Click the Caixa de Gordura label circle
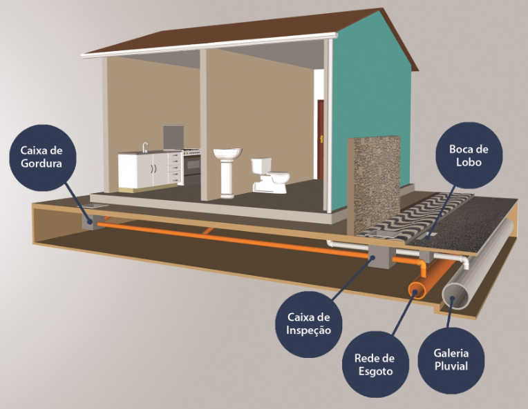pyautogui.click(x=43, y=158)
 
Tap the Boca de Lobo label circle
pyautogui.click(x=469, y=155)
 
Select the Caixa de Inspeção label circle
pyautogui.click(x=309, y=324)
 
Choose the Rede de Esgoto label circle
pyautogui.click(x=375, y=364)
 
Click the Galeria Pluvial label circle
pyautogui.click(x=451, y=360)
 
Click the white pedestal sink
pyautogui.click(x=227, y=172)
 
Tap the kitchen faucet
pyautogui.click(x=145, y=147)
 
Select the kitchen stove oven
pyautogui.click(x=192, y=162)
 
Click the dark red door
pyautogui.click(x=320, y=139)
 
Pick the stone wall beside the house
pyautogui.click(x=375, y=185)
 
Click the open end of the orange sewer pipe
pyautogui.click(x=417, y=290)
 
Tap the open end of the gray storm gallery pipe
pyautogui.click(x=455, y=296)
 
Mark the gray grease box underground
pyautogui.click(x=93, y=222)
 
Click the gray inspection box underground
pyautogui.click(x=381, y=257)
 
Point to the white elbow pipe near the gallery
pyautogui.click(x=464, y=261)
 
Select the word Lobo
pyautogui.click(x=469, y=162)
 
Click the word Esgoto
pyautogui.click(x=375, y=371)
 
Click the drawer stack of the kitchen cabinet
pyautogui.click(x=175, y=169)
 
